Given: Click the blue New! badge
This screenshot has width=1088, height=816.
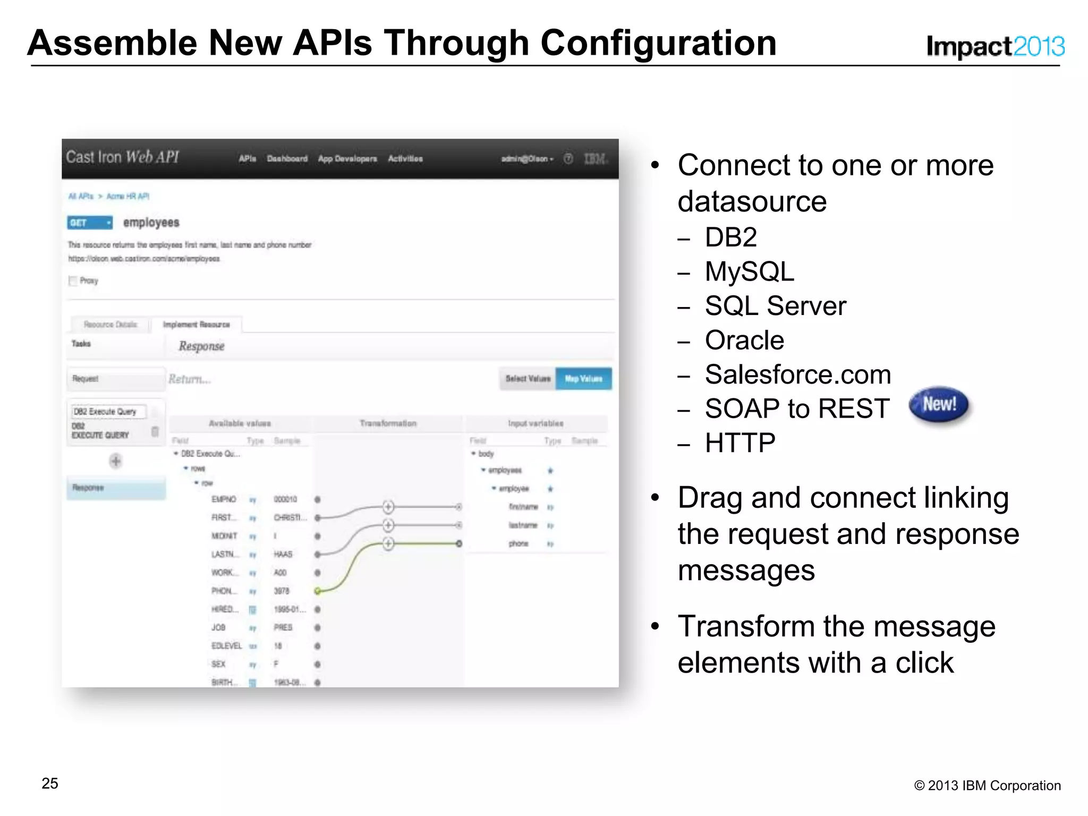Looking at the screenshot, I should point(939,405).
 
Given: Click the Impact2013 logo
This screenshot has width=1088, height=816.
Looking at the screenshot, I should point(994,46).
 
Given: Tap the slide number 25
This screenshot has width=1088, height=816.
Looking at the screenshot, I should point(50,783).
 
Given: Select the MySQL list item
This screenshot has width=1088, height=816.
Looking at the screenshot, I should point(749,271).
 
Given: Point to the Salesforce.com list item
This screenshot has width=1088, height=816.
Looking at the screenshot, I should point(797,375).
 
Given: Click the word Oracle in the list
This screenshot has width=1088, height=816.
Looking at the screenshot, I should point(744,340).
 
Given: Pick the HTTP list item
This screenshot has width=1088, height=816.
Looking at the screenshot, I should point(740,443).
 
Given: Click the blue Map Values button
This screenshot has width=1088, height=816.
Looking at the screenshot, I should point(583,379).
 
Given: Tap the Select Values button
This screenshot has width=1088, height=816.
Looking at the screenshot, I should point(528,379).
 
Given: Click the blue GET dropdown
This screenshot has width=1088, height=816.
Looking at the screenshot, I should point(90,223).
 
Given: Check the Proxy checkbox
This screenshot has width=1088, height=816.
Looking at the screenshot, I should point(73,280).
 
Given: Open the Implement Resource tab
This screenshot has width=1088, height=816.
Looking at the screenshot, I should point(196,325).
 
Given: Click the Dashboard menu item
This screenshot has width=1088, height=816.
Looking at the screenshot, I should point(287,159).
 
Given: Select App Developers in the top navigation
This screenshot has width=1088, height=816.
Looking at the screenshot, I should point(347,159).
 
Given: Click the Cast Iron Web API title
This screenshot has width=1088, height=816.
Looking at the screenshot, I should point(122,157).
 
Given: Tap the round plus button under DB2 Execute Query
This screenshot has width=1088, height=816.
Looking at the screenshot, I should point(116,461).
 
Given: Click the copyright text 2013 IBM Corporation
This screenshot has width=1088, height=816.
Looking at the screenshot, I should point(987,785).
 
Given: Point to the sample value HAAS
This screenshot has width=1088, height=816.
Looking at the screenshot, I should point(283,554).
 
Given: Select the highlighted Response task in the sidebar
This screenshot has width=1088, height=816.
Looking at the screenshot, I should point(116,488).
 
